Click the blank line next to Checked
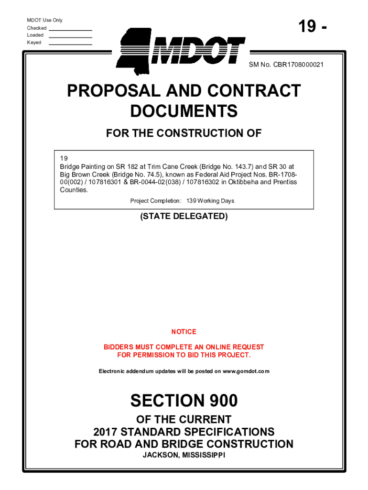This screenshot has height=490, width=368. [x=70, y=30]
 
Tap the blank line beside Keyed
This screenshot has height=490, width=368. [x=70, y=44]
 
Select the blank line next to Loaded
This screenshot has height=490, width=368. [x=70, y=37]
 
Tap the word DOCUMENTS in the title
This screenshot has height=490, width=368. [x=184, y=111]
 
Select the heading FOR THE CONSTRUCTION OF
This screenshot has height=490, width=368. [x=184, y=133]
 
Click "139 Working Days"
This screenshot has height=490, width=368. [x=210, y=201]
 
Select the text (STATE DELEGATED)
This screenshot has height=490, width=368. [x=184, y=216]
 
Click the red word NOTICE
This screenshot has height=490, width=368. [x=184, y=332]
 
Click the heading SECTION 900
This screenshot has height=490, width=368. [x=184, y=400]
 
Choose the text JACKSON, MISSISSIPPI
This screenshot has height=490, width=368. [x=184, y=455]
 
